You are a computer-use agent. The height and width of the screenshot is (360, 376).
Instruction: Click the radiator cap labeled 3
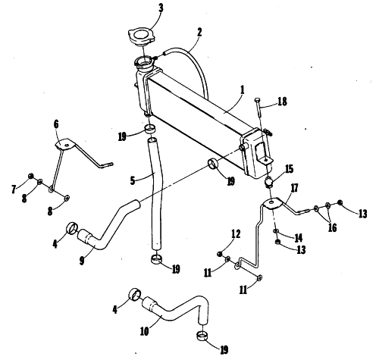coord(141,37)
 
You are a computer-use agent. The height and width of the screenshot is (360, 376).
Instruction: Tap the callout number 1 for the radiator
coord(243,90)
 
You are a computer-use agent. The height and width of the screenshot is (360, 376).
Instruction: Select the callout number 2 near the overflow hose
coord(199,33)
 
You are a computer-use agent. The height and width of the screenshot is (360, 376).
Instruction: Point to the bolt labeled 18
coord(258,107)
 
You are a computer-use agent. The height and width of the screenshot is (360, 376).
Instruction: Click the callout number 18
coord(282,102)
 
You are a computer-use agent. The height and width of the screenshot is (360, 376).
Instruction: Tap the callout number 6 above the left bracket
coord(56,124)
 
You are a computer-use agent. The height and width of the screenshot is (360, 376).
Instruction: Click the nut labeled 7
coord(31,176)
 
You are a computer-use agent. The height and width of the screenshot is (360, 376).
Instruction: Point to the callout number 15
coord(289,169)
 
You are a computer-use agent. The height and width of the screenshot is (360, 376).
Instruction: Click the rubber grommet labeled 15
coord(269,182)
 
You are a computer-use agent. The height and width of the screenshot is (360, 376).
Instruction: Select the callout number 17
coord(294,188)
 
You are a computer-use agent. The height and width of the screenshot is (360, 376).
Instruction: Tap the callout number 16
coord(332,227)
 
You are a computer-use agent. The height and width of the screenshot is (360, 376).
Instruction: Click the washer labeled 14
coord(277,231)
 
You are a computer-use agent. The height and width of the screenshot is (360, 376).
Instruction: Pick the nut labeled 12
coord(220,253)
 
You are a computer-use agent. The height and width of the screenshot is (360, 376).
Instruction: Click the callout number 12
coord(235,234)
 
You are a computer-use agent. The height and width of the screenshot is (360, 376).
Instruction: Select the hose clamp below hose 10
coord(202,337)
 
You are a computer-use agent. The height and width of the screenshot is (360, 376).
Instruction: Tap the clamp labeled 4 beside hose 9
coord(73,227)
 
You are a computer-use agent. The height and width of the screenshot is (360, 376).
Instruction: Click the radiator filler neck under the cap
coord(144,64)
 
